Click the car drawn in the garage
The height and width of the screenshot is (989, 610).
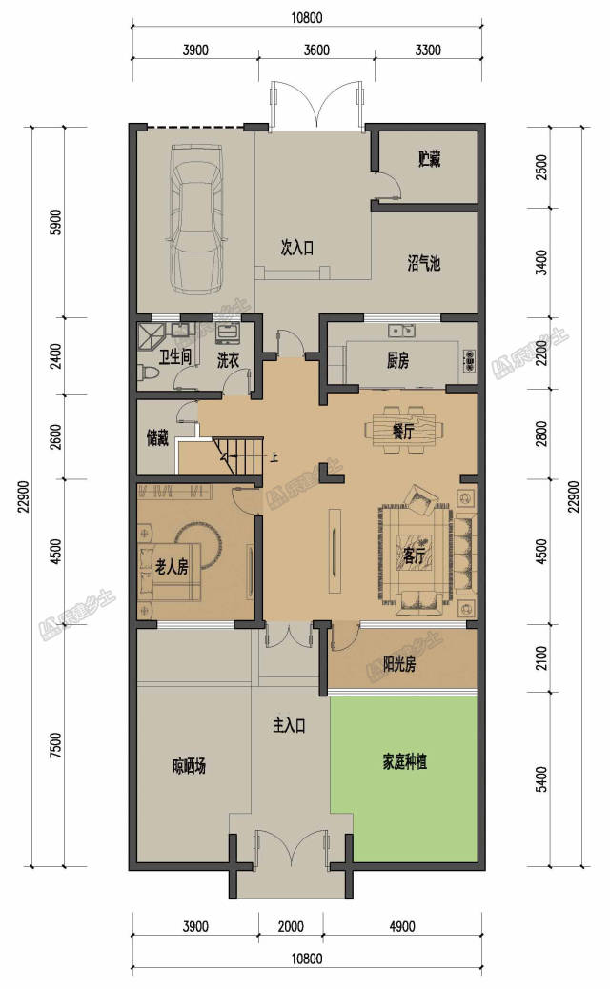click(196, 218)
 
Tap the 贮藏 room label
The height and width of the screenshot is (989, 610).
click(429, 159)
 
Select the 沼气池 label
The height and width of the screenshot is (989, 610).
click(423, 263)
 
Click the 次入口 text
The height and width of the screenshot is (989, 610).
click(296, 248)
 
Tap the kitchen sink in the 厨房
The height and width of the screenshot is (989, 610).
click(401, 330)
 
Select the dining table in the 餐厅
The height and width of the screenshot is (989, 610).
click(403, 430)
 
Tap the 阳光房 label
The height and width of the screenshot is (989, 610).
click(399, 663)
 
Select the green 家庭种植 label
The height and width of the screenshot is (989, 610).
click(404, 761)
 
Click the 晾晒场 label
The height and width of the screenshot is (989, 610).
click(189, 766)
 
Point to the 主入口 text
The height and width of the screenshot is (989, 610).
click(289, 725)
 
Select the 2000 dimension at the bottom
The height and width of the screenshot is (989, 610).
click(290, 926)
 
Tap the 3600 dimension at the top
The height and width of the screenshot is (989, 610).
click(316, 50)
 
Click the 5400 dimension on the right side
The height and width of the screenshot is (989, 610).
click(541, 779)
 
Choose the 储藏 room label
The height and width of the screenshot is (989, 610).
click(157, 437)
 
